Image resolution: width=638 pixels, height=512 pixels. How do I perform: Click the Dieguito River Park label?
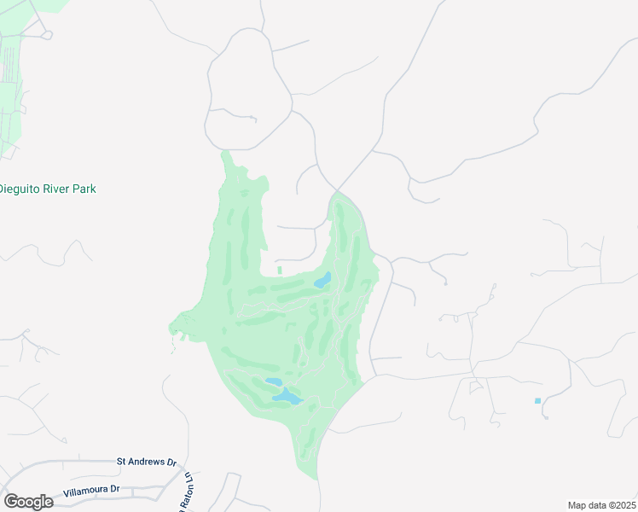click(48, 189)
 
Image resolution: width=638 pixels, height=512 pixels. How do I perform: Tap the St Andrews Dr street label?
click(146, 462)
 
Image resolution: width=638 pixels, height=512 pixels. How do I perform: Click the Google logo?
click(28, 502)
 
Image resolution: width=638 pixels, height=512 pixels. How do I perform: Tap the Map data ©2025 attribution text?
click(601, 505)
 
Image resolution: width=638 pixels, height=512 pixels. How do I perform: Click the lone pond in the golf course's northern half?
click(322, 281)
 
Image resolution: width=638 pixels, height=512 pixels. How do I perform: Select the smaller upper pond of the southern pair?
click(273, 383)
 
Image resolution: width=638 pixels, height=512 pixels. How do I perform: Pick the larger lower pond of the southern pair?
click(287, 397)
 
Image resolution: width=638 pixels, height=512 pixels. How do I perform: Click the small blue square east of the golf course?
click(537, 401)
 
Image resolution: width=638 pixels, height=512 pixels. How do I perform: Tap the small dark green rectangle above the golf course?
click(279, 271)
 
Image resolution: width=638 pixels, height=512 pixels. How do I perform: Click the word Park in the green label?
click(83, 189)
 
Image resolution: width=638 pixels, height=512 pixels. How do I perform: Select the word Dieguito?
click(17, 189)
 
